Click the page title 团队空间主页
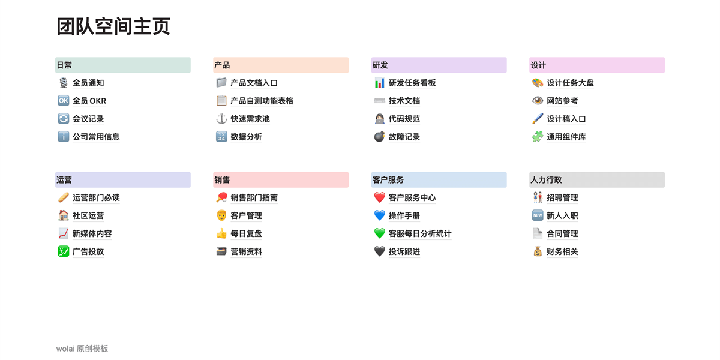[113, 26]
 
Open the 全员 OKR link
[89, 101]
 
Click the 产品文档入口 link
[254, 83]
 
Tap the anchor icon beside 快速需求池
[221, 119]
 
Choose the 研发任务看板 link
[412, 83]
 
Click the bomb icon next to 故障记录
[379, 137]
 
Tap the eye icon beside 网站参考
[538, 101]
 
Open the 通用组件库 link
[566, 137]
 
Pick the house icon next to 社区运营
[63, 215]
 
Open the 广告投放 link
[88, 251]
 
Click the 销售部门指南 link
[254, 197]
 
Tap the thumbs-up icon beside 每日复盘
[221, 233]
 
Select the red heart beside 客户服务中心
[379, 197]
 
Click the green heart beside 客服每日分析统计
[379, 233]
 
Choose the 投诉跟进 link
[404, 251]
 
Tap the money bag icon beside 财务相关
[538, 251]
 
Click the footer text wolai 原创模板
[82, 349]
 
